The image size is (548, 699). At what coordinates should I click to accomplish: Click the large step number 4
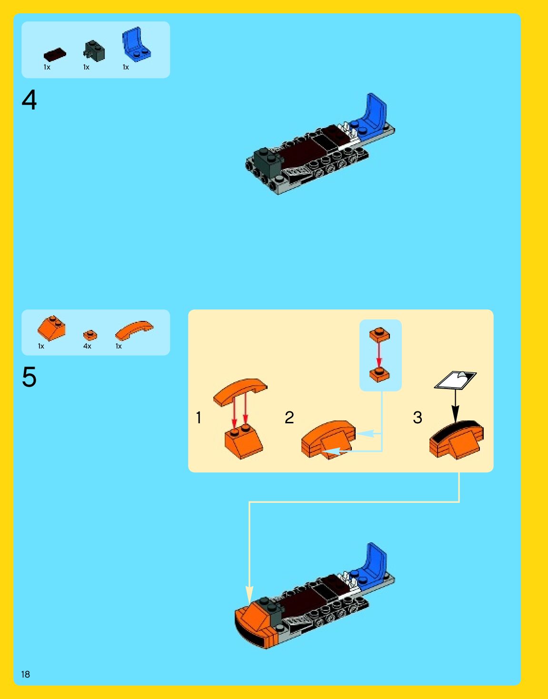point(29,100)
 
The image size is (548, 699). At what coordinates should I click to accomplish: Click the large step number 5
point(29,377)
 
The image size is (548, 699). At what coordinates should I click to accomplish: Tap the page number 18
point(25,674)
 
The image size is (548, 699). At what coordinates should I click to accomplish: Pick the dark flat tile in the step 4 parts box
point(55,54)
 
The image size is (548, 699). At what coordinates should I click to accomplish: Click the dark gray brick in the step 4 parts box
point(94,50)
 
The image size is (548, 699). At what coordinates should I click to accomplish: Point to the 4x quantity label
point(87,346)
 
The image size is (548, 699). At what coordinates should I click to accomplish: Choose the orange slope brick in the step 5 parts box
point(51,328)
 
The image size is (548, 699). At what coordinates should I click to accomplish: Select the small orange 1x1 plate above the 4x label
point(90,335)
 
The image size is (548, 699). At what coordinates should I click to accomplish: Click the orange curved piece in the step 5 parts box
point(134,330)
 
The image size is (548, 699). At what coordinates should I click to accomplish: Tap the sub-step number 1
point(199,418)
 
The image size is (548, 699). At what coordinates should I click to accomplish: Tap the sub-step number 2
point(289,418)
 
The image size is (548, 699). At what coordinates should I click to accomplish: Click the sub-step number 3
point(418,418)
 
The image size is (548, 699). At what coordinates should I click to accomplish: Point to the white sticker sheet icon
point(455,380)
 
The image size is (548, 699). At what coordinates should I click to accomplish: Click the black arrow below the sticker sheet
point(455,405)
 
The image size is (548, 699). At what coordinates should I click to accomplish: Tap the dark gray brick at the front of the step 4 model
point(266,160)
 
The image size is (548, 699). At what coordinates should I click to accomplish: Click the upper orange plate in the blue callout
point(379,334)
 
